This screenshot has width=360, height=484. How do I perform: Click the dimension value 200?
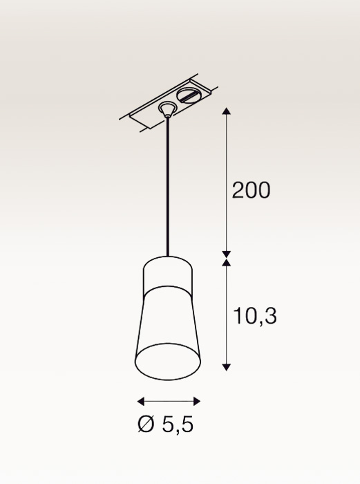251,190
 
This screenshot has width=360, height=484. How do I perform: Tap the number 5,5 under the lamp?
178,425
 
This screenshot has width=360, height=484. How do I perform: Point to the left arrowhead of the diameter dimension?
140,401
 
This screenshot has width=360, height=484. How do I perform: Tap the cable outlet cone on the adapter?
167,109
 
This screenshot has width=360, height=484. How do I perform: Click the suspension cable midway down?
167,187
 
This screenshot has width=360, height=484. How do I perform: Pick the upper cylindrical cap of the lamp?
168,273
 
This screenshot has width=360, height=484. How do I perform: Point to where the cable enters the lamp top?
167,256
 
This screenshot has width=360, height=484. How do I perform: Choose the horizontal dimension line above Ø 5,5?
169,401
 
